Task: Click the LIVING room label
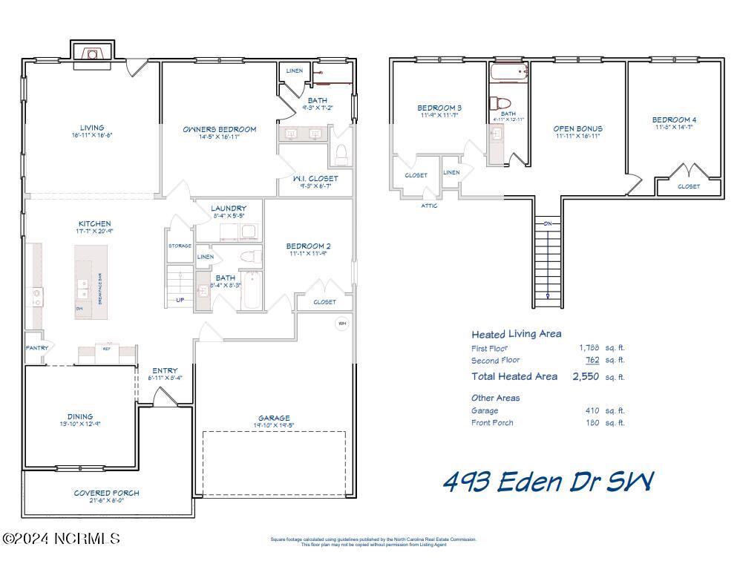point(92,128)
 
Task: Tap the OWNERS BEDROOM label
point(219,129)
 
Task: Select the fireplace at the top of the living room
point(92,54)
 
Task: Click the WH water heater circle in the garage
point(342,324)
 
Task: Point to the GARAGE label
point(274,418)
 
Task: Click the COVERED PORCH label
point(106,493)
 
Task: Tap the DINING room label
point(79,416)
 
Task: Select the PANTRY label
point(36,347)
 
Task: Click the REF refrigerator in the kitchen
point(106,348)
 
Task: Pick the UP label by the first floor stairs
point(180,301)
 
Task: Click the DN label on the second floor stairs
point(548,223)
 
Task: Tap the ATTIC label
point(429,206)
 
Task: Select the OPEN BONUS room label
point(577,128)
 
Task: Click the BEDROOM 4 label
point(674,119)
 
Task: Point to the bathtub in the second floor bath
point(508,72)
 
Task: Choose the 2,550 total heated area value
point(586,376)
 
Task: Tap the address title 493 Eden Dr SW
point(548,482)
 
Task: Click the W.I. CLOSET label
point(315,178)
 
